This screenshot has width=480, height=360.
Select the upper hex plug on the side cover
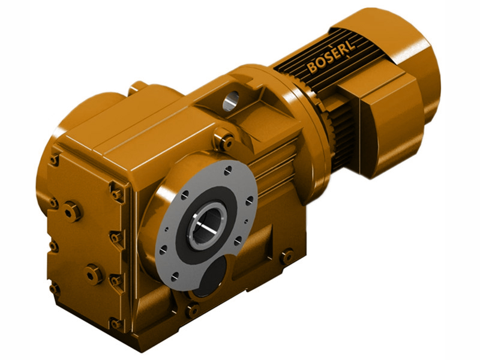(x=73, y=211)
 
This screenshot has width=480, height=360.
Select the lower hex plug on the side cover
(x=94, y=274)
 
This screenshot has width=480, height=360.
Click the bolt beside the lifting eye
(x=227, y=142)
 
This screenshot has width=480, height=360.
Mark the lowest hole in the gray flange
(x=173, y=277)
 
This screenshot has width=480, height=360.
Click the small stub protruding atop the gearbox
(x=138, y=87)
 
